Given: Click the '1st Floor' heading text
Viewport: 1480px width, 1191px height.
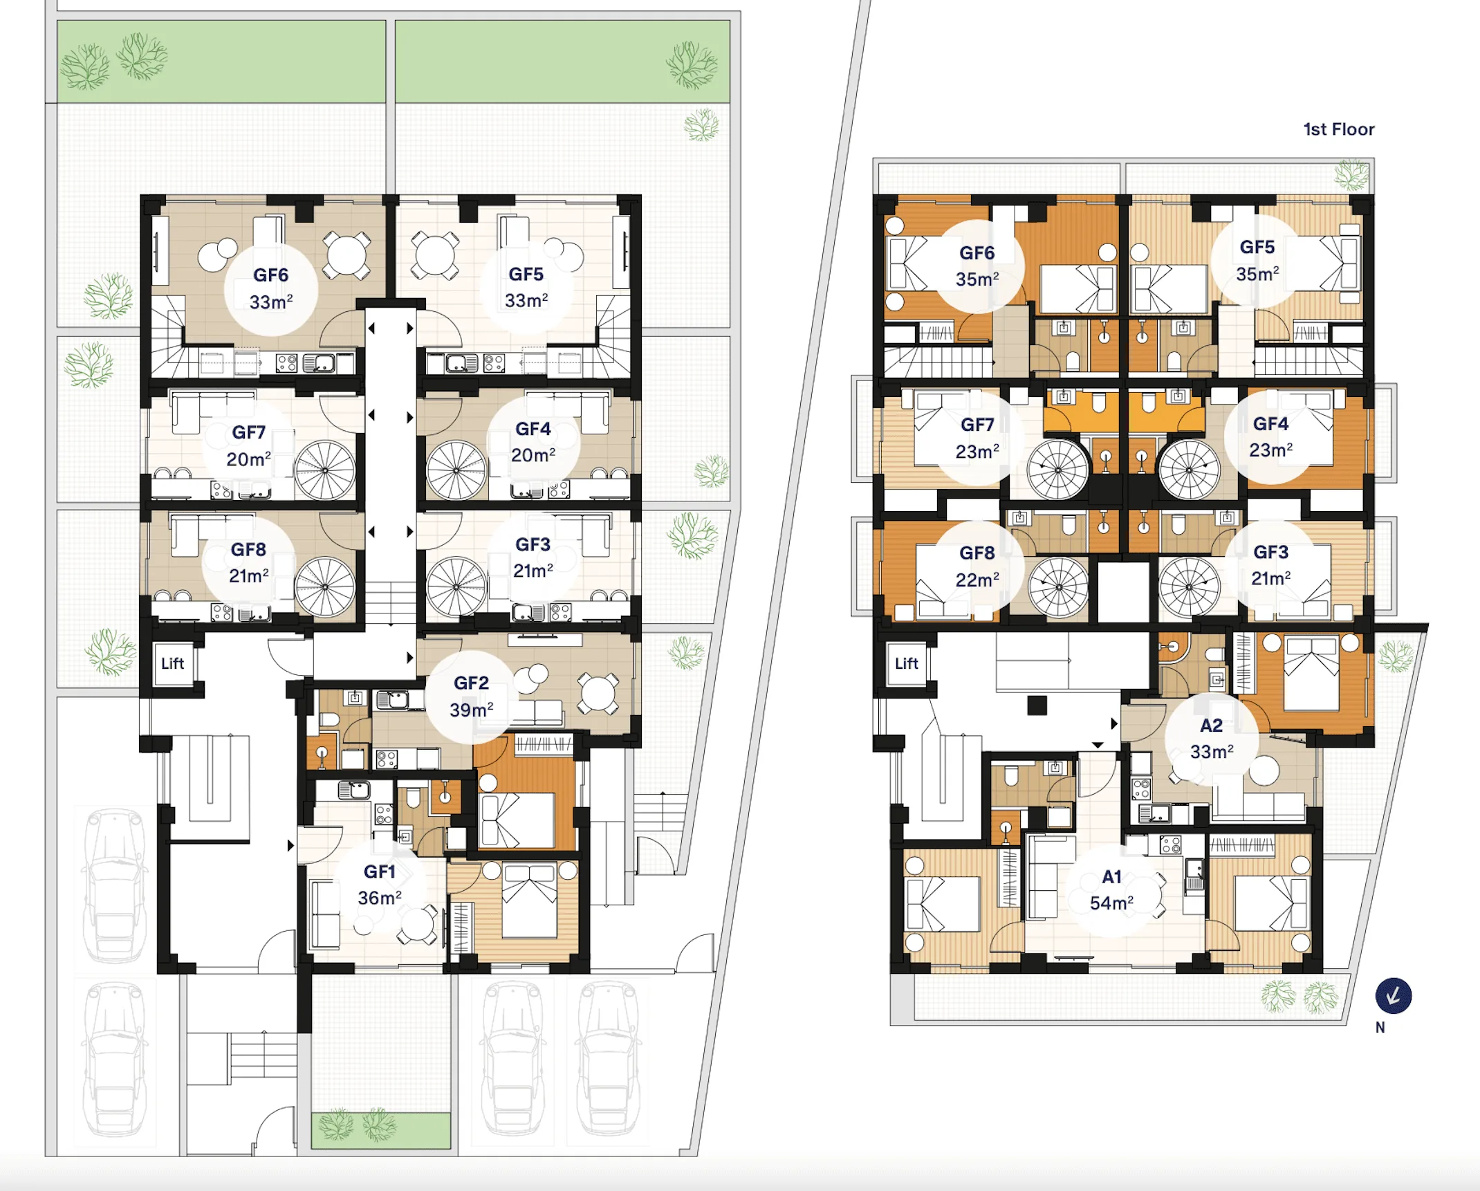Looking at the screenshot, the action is (1338, 129).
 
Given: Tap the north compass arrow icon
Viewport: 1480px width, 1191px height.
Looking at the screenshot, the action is (1393, 996).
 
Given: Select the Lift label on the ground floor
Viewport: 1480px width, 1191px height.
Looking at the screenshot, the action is (172, 664).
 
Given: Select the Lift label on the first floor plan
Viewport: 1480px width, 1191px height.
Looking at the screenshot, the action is (906, 664).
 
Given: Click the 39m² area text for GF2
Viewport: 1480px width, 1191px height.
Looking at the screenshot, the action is (472, 710).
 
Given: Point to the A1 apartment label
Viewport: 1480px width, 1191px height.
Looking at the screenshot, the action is (1111, 877).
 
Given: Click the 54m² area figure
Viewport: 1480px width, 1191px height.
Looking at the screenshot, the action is (1111, 903).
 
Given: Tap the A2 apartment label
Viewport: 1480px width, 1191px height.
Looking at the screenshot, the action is (1211, 726).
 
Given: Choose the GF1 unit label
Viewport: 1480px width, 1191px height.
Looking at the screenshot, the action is (380, 871).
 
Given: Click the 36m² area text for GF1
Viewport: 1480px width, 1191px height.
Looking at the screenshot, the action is (380, 898).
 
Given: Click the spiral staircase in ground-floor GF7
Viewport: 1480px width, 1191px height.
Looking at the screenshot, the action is (325, 470).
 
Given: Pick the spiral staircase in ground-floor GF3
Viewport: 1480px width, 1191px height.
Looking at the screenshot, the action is (456, 587).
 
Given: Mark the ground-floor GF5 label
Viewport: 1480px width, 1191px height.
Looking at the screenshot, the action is (526, 275).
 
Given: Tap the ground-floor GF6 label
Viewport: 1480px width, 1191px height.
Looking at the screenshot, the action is (271, 275).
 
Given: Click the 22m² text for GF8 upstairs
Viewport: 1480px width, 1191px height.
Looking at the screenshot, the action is (977, 580).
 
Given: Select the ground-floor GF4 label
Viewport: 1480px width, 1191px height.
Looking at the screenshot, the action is (533, 429).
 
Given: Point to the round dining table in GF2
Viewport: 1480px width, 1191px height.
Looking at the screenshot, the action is (598, 693).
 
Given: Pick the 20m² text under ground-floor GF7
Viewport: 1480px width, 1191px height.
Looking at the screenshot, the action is (249, 459).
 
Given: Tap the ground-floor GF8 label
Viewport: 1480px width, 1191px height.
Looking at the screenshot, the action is (248, 549).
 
